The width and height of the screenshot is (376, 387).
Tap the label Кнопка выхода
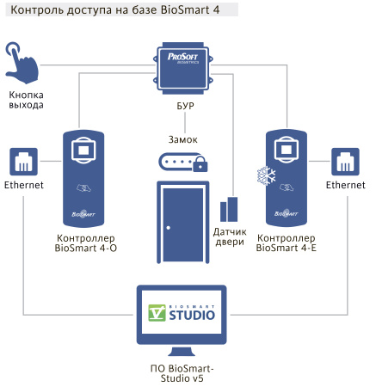(x=27, y=99)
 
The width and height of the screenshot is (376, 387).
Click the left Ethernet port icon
(x=23, y=161)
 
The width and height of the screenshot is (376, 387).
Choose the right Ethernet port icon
(x=346, y=161)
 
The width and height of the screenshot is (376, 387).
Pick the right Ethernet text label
(x=346, y=185)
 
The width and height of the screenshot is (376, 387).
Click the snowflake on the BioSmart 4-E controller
(x=265, y=175)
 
